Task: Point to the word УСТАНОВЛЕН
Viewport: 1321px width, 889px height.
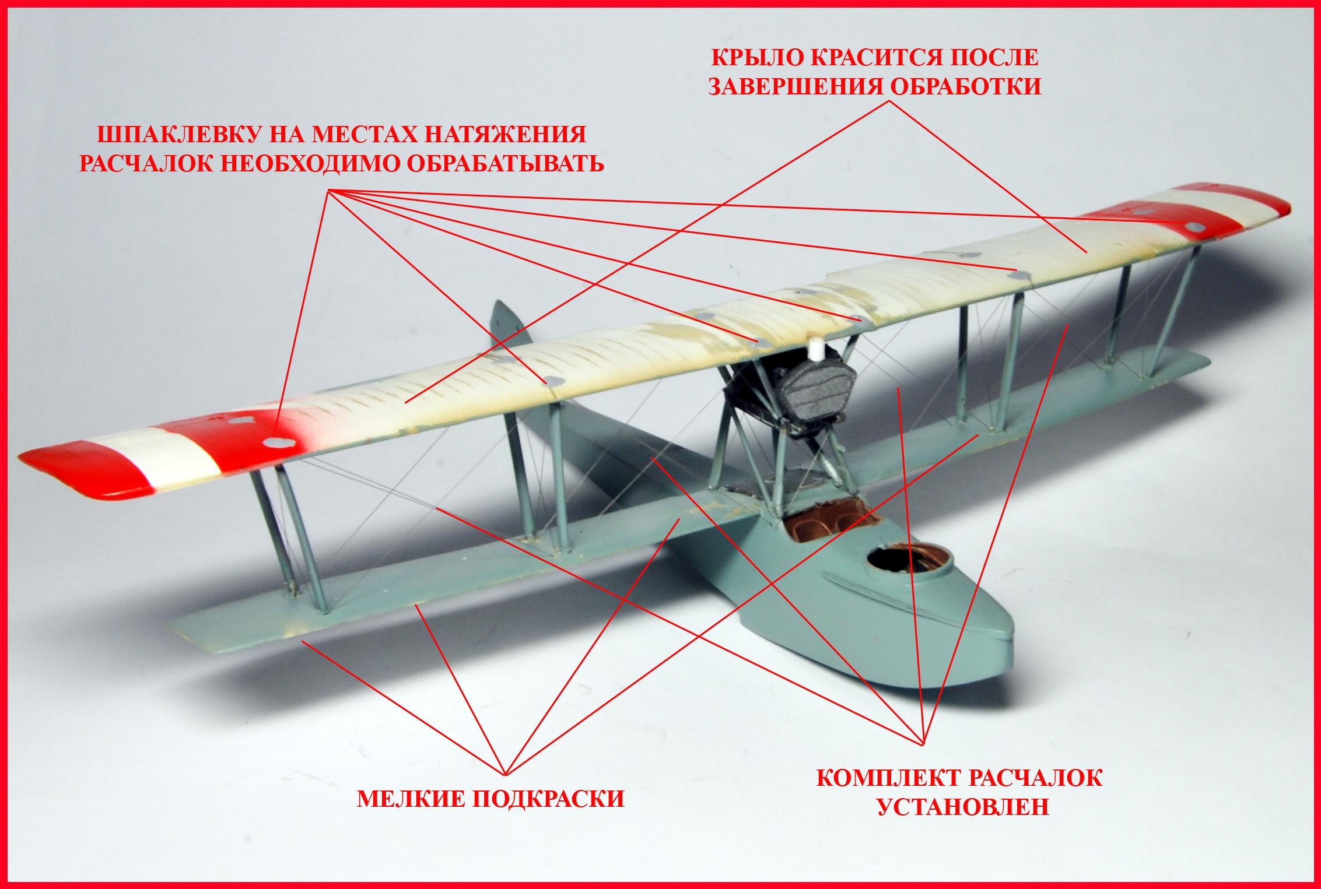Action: point(963,807)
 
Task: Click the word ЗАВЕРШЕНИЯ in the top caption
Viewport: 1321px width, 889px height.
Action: point(796,87)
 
